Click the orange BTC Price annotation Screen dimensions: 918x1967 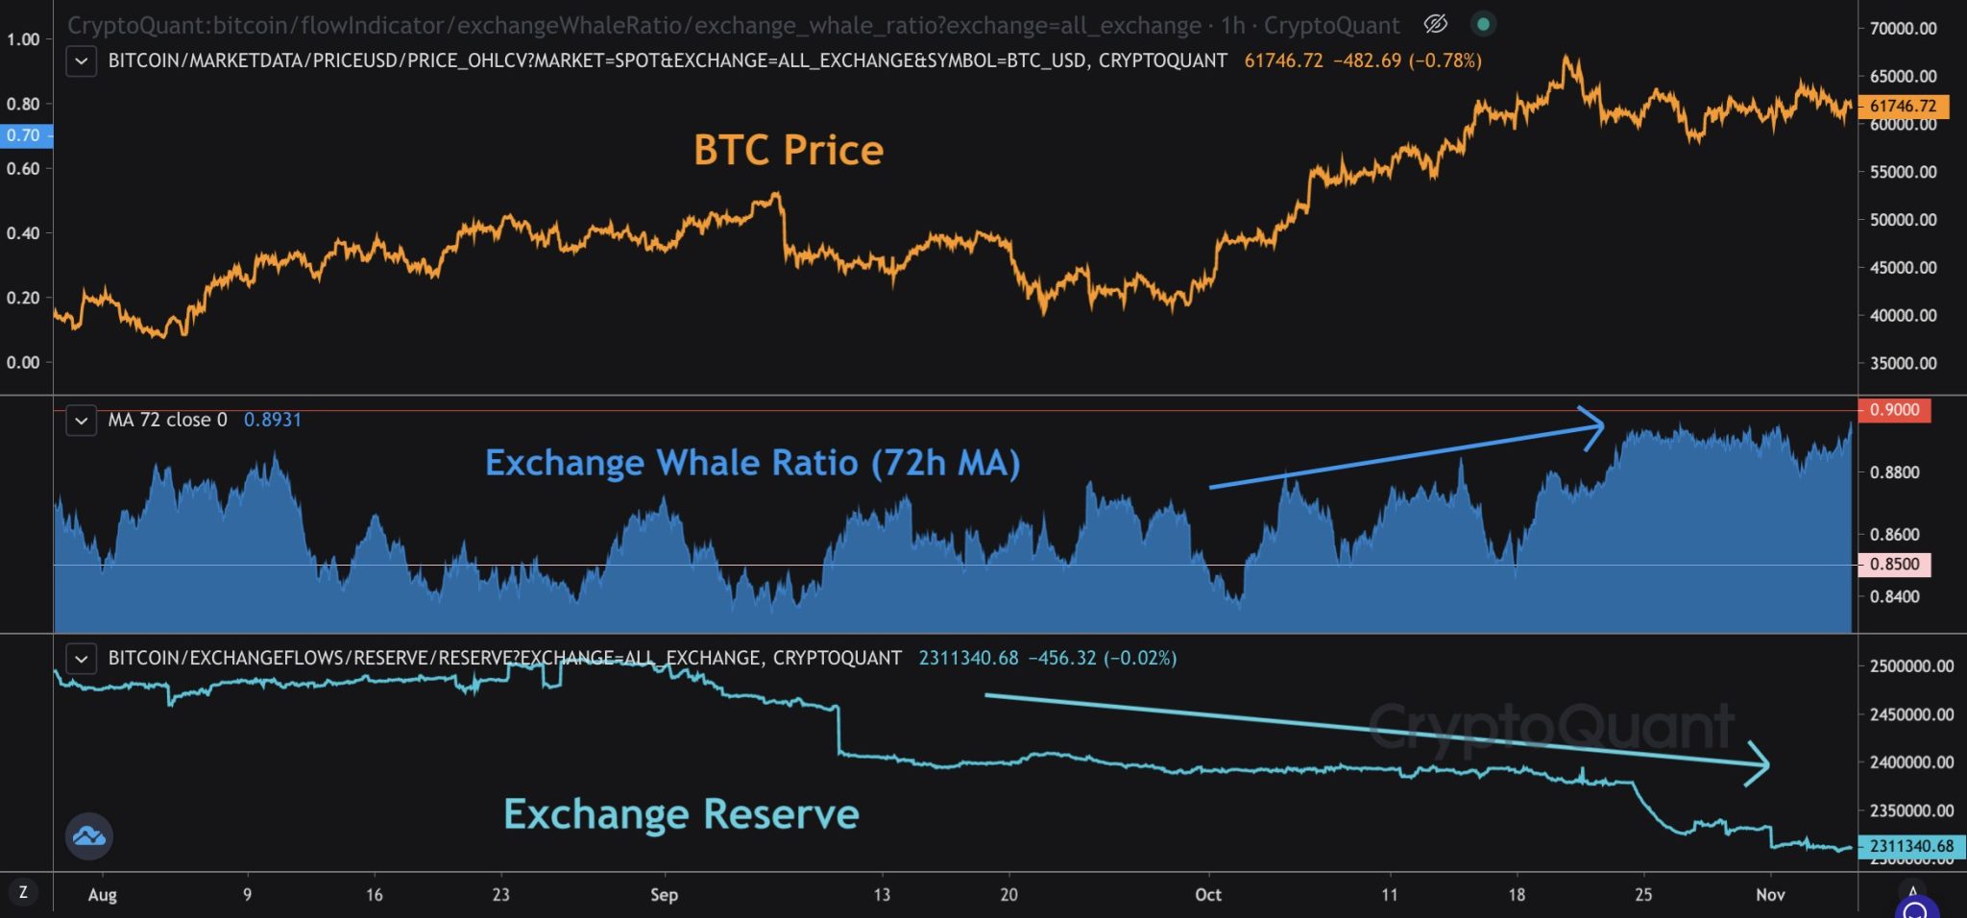point(788,150)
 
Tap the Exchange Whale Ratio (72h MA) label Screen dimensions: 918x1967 point(752,463)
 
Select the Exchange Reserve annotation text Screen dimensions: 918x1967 point(681,814)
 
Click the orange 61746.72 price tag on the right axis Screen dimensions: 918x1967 point(1903,106)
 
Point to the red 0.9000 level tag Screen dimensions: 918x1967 point(1893,410)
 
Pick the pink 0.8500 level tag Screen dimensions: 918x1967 point(1893,564)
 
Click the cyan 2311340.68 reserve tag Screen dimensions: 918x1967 point(1910,846)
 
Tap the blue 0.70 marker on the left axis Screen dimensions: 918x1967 point(24,135)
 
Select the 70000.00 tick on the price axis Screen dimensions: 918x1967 point(1903,29)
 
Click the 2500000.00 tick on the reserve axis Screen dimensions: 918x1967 point(1910,666)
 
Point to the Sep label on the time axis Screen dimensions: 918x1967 point(664,895)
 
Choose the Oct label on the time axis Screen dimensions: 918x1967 point(1207,895)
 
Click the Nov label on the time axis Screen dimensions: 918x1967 point(1769,895)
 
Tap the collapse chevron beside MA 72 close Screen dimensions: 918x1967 point(82,421)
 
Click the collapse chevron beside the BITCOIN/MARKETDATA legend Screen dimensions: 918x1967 point(82,61)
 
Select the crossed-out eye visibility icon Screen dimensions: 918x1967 point(1435,24)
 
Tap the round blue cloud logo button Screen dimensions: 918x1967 point(89,835)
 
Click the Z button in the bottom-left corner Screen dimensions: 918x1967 point(23,892)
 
